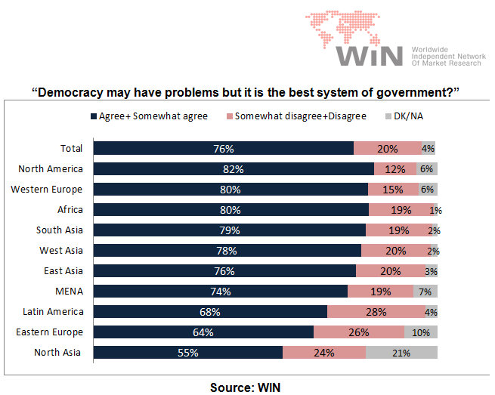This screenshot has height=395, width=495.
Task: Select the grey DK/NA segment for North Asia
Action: point(401,352)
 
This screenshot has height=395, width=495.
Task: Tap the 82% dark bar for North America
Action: point(234,168)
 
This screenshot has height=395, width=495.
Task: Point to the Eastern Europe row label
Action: point(49,332)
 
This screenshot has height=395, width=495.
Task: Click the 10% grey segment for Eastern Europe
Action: point(421,332)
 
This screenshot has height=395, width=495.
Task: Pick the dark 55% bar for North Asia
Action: point(187,352)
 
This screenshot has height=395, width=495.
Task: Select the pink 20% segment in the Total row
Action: point(387,148)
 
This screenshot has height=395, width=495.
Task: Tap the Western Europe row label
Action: point(47,189)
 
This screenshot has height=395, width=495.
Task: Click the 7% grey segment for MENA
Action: point(425,291)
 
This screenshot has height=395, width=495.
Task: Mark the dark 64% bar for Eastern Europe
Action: point(203,332)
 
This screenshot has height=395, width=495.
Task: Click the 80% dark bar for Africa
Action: point(230,209)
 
